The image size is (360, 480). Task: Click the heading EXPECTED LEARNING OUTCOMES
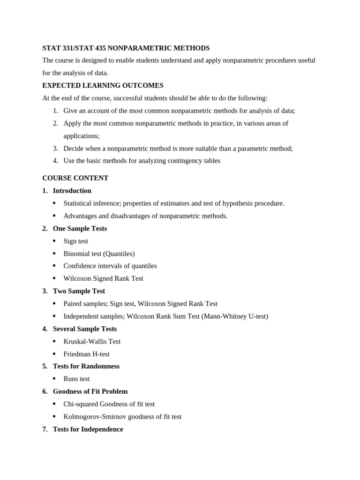click(x=103, y=85)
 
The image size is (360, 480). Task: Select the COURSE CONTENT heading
click(x=75, y=178)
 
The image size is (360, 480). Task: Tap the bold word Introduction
click(x=72, y=191)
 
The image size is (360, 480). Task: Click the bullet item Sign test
click(x=75, y=241)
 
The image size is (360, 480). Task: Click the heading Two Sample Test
click(x=79, y=291)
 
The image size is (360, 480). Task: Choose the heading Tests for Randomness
click(x=86, y=366)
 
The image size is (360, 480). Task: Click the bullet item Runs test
click(x=76, y=379)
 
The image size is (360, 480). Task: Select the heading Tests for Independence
click(x=88, y=429)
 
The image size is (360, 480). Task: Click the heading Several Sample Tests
click(x=85, y=329)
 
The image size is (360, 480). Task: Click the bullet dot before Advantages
click(x=54, y=216)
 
